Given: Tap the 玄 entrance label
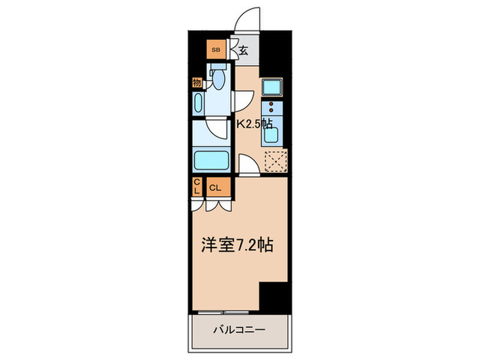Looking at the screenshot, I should (243, 49).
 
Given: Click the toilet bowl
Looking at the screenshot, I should (218, 80).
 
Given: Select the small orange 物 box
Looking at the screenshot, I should (197, 82).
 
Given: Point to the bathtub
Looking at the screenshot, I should (213, 160).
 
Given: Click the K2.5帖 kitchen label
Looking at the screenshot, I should (255, 124).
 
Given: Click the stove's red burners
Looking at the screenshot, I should (272, 108).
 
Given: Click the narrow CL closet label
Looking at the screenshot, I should (196, 187).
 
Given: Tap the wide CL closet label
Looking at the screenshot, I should (215, 187).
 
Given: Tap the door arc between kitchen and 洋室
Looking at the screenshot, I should (248, 165).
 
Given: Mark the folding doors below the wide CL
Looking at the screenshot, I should (215, 204).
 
